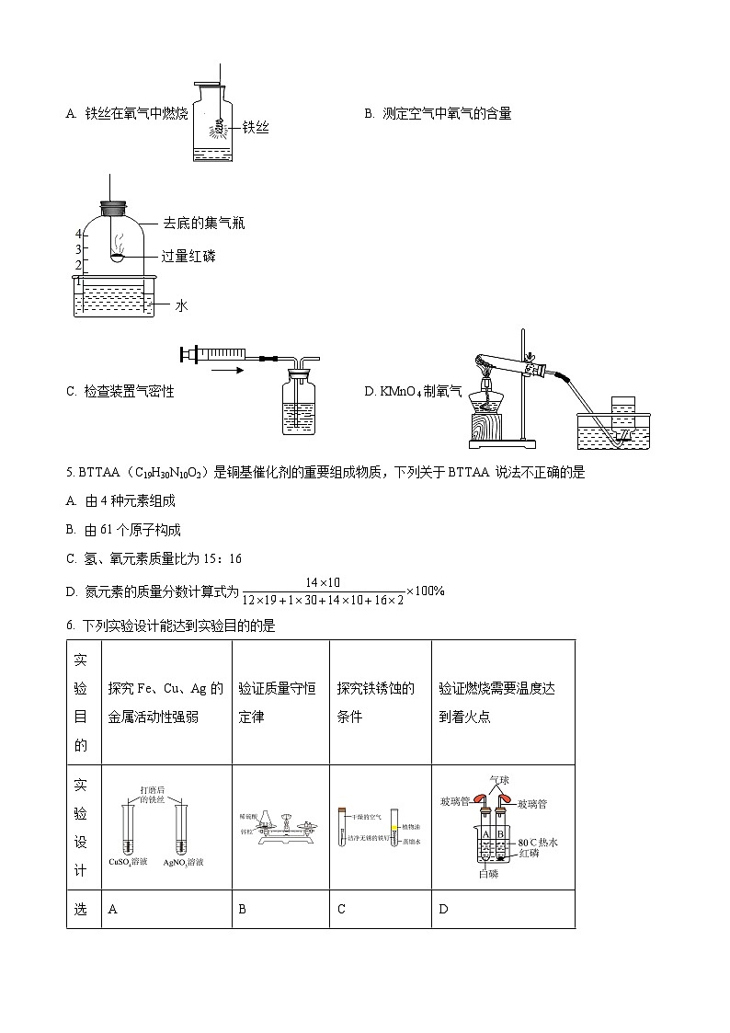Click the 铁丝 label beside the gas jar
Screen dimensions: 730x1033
pyautogui.click(x=256, y=130)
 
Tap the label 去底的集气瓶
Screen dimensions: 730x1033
pyautogui.click(x=204, y=223)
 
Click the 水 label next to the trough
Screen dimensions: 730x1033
pyautogui.click(x=181, y=305)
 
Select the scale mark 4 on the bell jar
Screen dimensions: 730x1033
pyautogui.click(x=79, y=234)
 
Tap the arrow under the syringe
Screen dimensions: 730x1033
pyautogui.click(x=226, y=372)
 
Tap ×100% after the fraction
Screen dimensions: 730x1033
pyautogui.click(x=425, y=591)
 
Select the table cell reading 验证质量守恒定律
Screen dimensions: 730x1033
pyautogui.click(x=278, y=702)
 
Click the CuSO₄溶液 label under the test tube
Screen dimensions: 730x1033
pyautogui.click(x=129, y=863)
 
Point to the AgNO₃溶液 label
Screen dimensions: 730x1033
pyautogui.click(x=183, y=863)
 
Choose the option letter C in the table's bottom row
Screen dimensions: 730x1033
pyautogui.click(x=341, y=909)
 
